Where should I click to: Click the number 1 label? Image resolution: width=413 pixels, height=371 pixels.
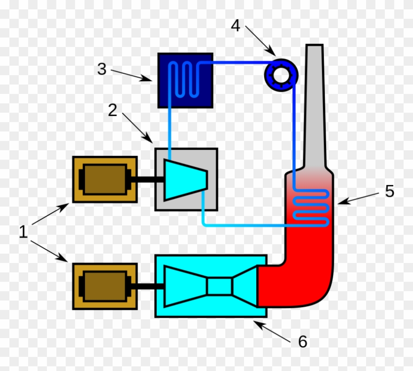(x=23, y=232)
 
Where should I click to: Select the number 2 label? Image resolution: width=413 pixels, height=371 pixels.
(x=112, y=110)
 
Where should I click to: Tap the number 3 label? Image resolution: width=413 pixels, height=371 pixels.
(x=102, y=69)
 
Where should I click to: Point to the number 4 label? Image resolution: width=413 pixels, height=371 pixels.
(x=236, y=26)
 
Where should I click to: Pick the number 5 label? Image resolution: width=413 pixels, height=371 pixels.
(x=390, y=191)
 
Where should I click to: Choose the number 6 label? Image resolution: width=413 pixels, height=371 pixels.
(x=303, y=341)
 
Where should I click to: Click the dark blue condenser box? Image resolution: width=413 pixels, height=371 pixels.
(x=185, y=80)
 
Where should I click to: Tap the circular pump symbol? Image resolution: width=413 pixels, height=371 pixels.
(x=281, y=74)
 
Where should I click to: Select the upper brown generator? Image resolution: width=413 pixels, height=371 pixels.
(x=105, y=179)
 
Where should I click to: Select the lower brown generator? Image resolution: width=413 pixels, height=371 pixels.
(x=105, y=286)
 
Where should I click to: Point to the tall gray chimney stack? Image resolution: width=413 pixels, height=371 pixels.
(x=314, y=108)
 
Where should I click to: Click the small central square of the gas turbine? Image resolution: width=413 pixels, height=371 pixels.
(x=220, y=286)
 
